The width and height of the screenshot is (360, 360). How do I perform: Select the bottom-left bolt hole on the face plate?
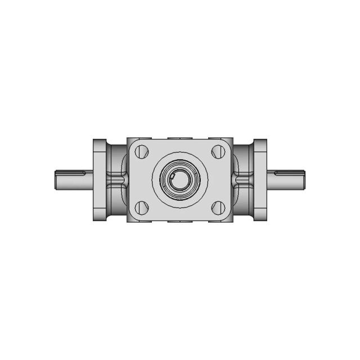(x=142, y=207)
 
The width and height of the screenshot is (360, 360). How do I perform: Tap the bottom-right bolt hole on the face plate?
(x=218, y=207)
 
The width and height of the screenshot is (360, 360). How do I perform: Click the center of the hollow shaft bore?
(x=180, y=179)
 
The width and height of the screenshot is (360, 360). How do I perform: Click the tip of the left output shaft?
(x=57, y=179)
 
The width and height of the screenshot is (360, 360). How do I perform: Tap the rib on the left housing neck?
(x=119, y=179)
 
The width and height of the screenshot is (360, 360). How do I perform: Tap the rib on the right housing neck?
(x=241, y=179)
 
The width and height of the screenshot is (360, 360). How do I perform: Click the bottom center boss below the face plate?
(x=180, y=220)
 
